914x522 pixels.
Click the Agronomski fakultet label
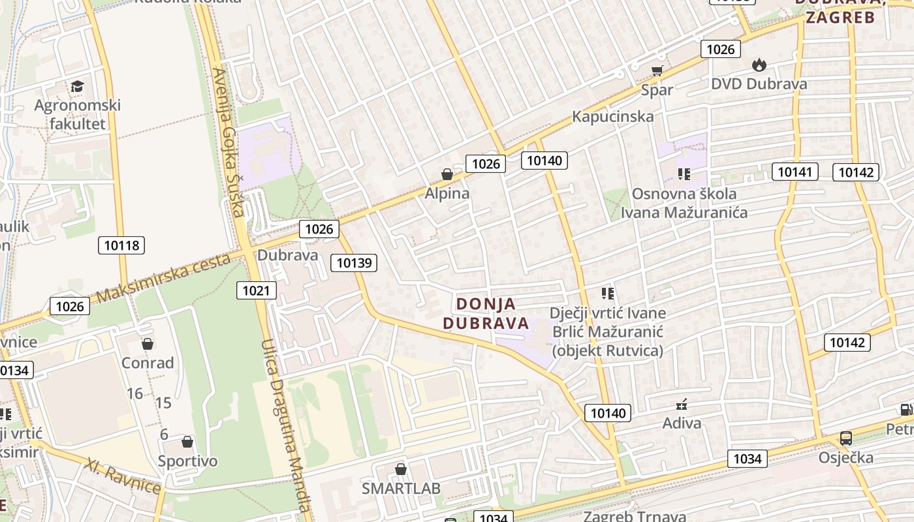pos(78,114)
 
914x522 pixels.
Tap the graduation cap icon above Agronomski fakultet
pos(78,87)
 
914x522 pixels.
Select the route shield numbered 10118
pos(121,245)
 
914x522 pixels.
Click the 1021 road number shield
pos(256,290)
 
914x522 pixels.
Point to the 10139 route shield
pos(354,263)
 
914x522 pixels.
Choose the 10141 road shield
pos(795,172)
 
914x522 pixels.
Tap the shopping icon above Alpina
pos(447,174)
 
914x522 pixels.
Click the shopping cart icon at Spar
pos(657,71)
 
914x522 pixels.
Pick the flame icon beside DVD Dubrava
pos(759,65)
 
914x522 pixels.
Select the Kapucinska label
pos(612,117)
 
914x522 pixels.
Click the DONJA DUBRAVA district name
pos(486,313)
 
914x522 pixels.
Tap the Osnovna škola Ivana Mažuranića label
pos(684,203)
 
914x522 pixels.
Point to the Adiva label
pos(682,423)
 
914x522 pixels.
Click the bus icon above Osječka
pos(846,438)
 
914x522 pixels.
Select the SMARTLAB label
pos(401,488)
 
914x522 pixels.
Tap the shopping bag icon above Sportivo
pos(187,442)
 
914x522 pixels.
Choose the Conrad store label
pos(148,363)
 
